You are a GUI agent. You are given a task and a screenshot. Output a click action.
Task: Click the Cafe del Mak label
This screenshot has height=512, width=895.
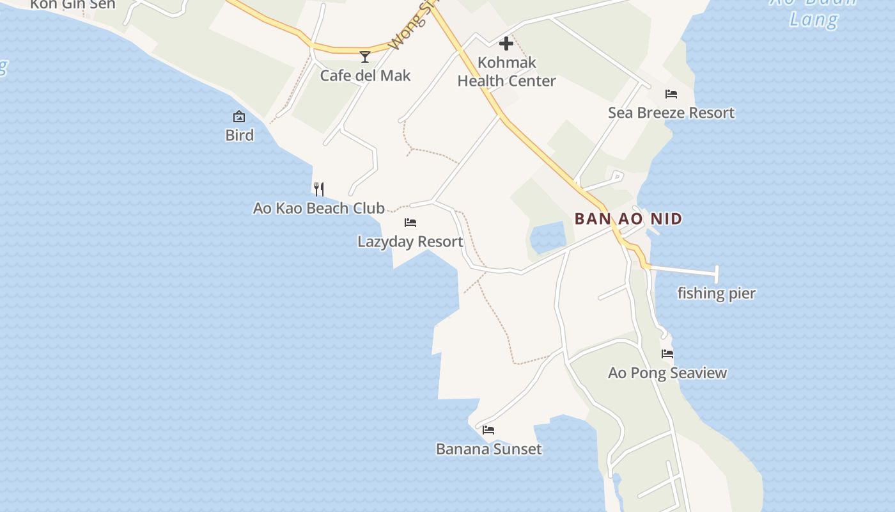365,76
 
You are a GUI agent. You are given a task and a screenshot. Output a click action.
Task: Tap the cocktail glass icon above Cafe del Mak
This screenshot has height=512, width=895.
365,57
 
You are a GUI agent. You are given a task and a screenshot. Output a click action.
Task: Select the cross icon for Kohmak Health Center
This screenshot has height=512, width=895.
506,44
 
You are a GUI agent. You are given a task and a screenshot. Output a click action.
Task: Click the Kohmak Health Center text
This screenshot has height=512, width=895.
506,72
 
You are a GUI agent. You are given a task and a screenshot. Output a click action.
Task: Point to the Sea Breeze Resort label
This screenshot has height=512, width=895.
671,113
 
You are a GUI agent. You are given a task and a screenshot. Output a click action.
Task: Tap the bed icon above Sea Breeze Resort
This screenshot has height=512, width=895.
671,94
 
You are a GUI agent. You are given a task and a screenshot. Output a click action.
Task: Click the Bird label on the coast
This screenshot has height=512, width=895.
239,135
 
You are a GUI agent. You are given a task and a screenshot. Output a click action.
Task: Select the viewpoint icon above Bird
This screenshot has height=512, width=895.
239,116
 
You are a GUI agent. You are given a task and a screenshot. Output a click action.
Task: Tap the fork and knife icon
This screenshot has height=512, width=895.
319,189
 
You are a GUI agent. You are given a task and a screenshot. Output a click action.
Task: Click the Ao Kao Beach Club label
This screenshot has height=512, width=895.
319,208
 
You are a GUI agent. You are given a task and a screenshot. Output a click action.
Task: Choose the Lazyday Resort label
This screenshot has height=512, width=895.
410,242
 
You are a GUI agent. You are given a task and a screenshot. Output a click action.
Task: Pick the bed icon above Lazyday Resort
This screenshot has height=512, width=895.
410,223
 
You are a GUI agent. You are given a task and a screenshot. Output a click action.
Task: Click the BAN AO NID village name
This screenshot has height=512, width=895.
628,219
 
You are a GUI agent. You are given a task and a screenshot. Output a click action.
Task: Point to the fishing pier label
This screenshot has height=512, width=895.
717,294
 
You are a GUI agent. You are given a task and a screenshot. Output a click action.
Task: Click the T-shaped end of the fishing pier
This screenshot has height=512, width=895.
717,275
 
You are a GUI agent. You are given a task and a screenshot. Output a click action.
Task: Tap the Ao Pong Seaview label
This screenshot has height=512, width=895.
667,373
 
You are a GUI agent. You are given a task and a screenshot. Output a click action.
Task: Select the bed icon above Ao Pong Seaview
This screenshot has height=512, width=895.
667,354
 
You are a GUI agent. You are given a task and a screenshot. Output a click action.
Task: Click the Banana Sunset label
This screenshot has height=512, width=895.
489,449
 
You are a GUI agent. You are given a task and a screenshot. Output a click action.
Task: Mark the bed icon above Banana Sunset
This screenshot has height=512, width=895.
489,430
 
